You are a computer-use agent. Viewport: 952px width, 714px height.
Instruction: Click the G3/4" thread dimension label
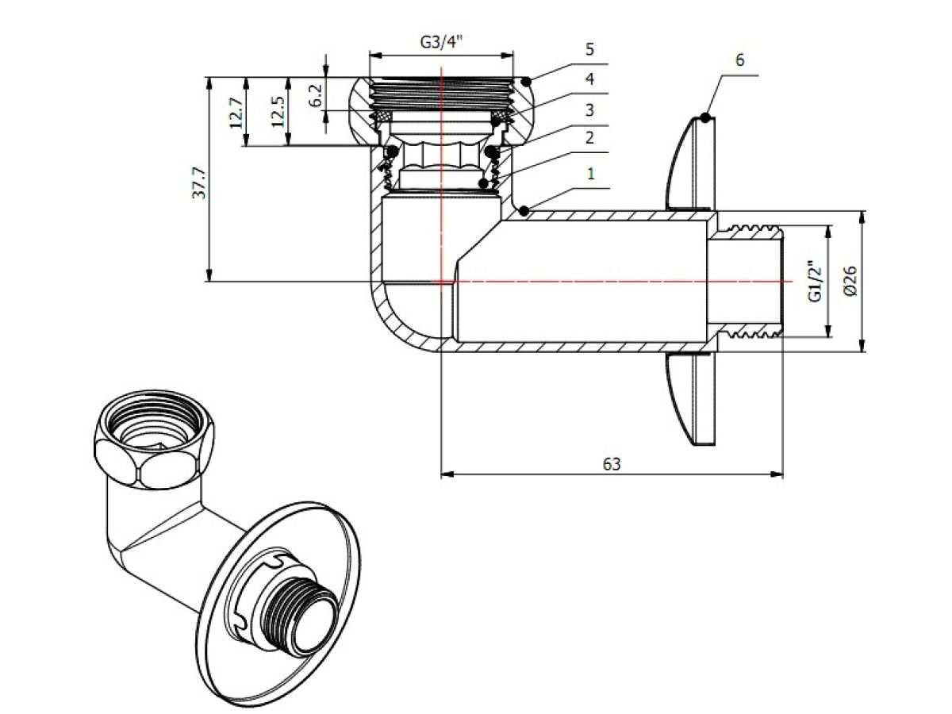(441, 42)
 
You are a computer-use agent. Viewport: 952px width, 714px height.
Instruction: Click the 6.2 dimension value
(316, 95)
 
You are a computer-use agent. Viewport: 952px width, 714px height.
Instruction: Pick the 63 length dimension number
(611, 464)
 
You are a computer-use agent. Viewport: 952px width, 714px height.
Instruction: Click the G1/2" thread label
(814, 281)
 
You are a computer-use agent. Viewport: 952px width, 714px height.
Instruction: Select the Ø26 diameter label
(850, 281)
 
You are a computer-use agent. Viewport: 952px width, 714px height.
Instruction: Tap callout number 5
(589, 50)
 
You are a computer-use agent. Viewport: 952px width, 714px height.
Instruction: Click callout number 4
(589, 79)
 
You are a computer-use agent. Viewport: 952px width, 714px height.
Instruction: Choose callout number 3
(589, 109)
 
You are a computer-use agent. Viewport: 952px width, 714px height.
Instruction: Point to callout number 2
(589, 138)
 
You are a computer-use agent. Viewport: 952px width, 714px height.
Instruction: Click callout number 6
(739, 61)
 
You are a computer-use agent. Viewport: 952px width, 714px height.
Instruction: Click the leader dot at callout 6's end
(704, 118)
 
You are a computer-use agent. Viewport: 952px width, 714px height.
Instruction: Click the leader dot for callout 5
(527, 79)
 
